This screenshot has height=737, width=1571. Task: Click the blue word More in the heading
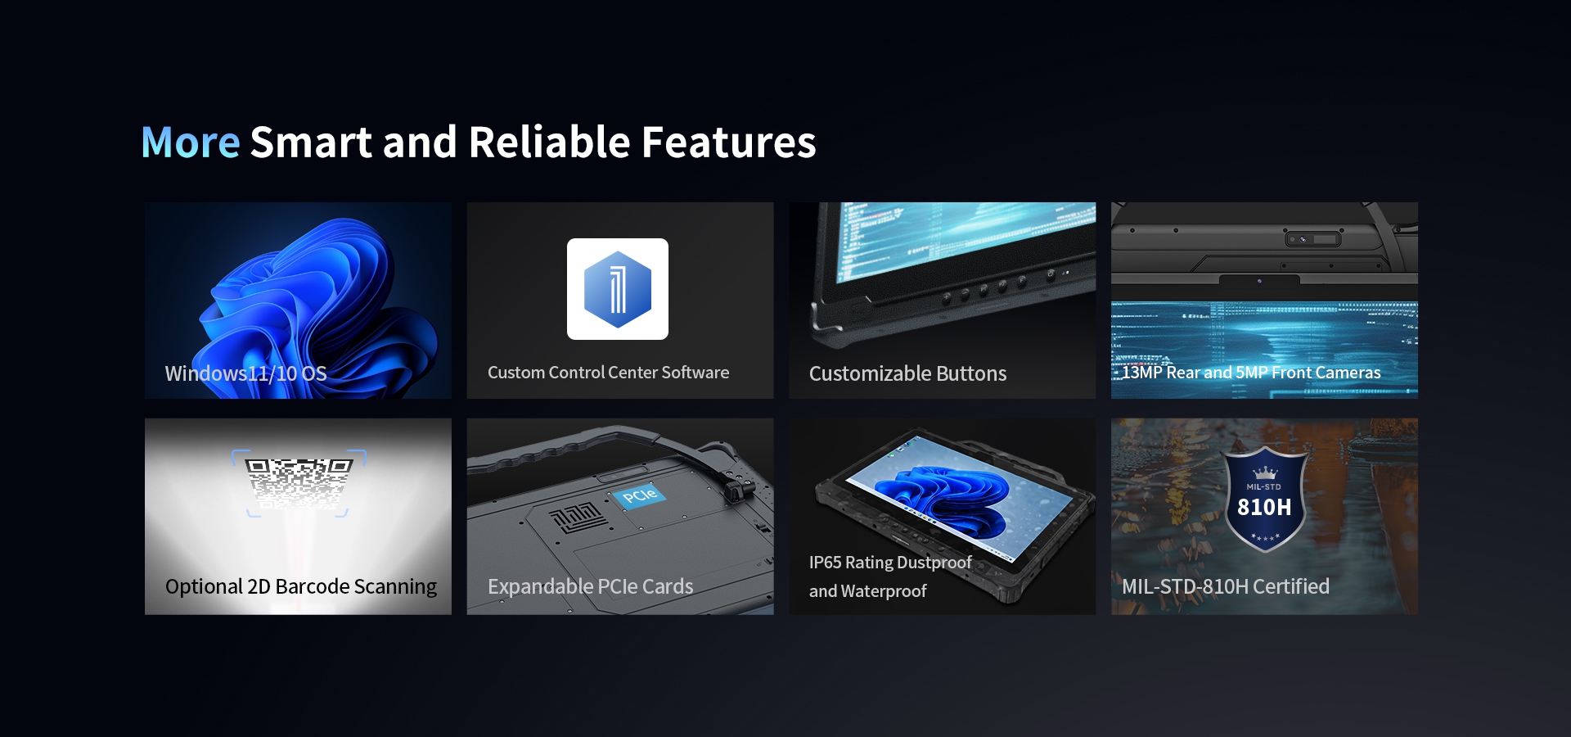pos(191,142)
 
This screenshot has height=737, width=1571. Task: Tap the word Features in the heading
pos(729,142)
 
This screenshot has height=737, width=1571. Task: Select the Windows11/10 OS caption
pos(246,374)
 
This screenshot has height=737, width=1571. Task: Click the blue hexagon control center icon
pos(618,289)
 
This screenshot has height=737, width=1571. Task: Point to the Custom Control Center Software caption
pos(608,373)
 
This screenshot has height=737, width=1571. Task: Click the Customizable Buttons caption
pos(907,374)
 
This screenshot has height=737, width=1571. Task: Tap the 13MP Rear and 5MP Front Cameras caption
pos(1251,373)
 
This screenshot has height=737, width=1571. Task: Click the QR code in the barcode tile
pos(299,483)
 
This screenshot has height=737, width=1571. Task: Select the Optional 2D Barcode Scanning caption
pos(301,587)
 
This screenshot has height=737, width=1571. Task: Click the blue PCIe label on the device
pos(640,495)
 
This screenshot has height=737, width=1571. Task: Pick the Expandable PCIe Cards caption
pos(590,587)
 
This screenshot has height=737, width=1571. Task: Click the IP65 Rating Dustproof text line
pos(890,563)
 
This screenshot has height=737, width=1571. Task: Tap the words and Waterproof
pos(867,591)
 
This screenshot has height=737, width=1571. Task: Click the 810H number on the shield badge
pos(1264,508)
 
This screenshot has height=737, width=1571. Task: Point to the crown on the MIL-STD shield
pos(1265,472)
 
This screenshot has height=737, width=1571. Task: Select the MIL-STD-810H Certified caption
pos(1225,587)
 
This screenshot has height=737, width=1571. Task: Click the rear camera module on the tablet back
pos(1312,239)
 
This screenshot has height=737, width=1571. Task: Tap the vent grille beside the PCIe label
pos(578,518)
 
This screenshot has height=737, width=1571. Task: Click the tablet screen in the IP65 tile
pos(957,500)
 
